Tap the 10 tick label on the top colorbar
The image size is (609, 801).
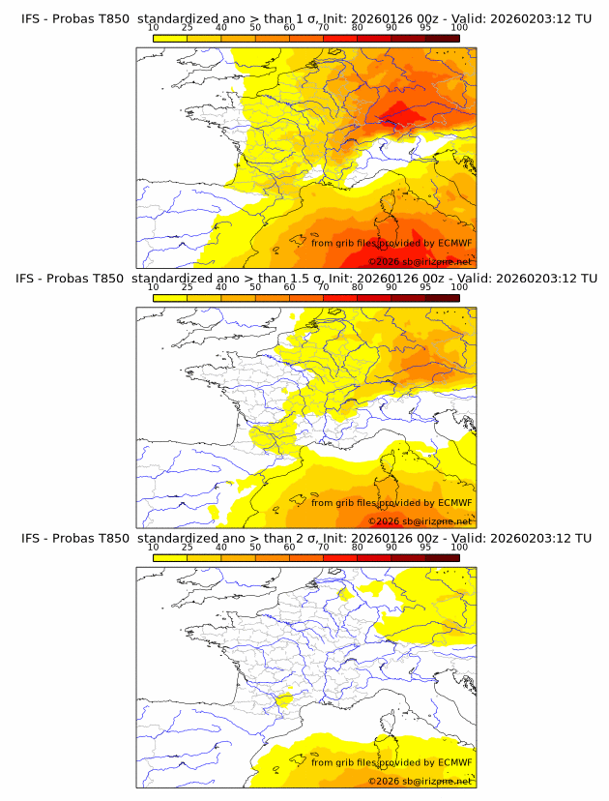click(x=153, y=28)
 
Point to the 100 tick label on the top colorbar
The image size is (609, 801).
click(x=459, y=28)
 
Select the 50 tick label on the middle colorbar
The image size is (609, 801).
click(x=255, y=287)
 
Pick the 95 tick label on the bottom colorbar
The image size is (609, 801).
click(x=425, y=547)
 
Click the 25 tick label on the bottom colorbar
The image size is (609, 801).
click(x=187, y=547)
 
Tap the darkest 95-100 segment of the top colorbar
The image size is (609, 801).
click(x=442, y=38)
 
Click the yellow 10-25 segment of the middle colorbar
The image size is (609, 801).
click(x=170, y=297)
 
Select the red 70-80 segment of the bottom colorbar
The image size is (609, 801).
click(x=339, y=556)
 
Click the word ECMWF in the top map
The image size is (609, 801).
click(x=454, y=244)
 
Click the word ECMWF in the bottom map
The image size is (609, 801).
click(x=454, y=762)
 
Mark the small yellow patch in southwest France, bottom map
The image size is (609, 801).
click(x=284, y=699)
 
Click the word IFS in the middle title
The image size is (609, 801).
click(x=31, y=279)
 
